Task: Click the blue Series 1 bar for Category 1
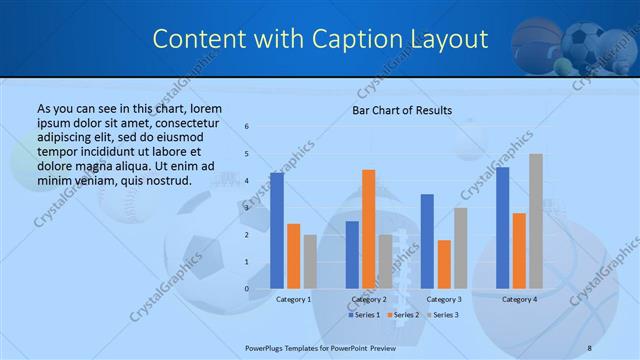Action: (277, 231)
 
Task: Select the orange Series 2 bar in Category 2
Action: (369, 229)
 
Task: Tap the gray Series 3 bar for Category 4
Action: (536, 221)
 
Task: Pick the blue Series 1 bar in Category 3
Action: (427, 241)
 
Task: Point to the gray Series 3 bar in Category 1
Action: (310, 262)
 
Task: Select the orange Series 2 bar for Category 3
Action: (444, 264)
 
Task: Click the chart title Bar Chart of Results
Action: (402, 110)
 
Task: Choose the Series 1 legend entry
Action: (363, 315)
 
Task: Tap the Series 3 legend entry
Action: (443, 315)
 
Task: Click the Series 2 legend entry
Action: (403, 315)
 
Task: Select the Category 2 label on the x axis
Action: (369, 299)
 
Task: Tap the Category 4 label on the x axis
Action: (519, 299)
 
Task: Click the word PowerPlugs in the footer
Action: (267, 348)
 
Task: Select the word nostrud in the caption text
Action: (168, 180)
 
